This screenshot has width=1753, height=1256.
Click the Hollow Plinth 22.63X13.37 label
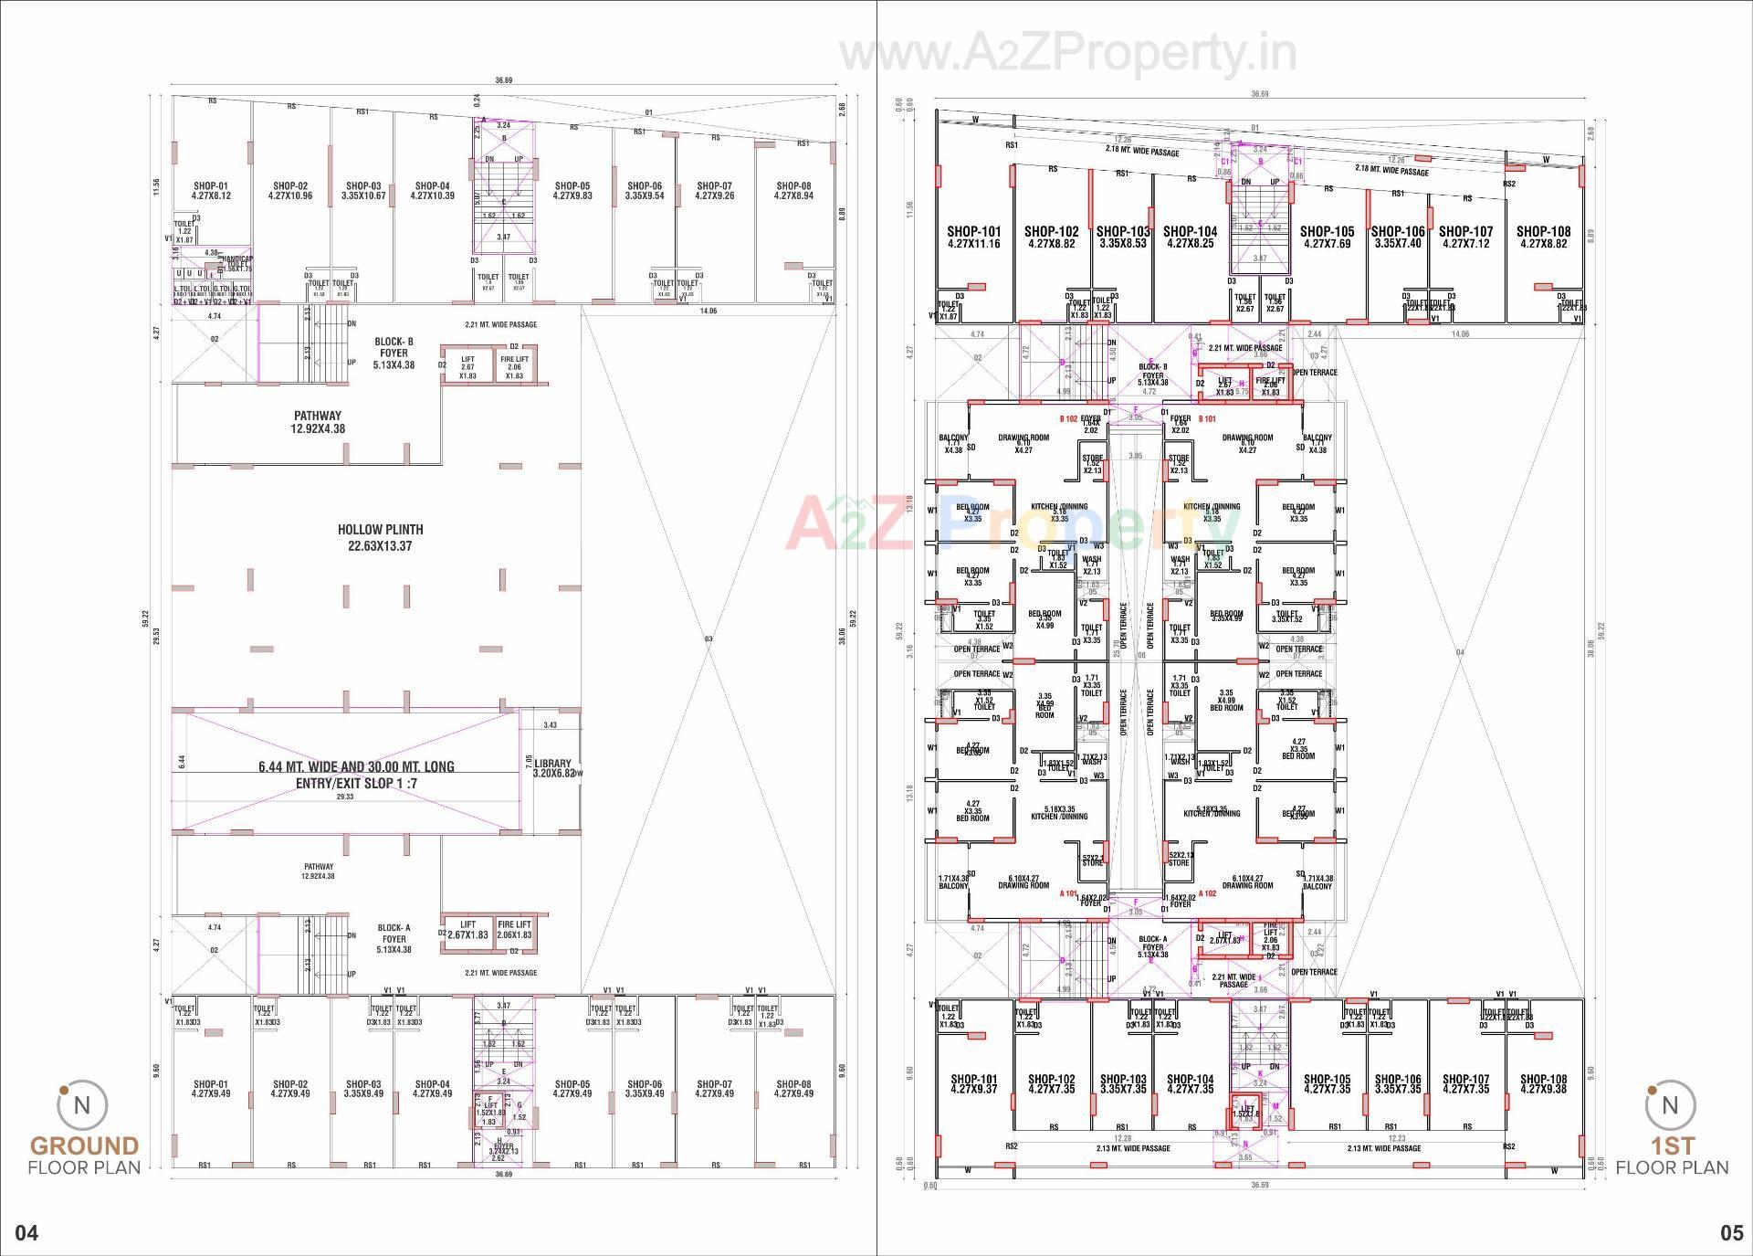pyautogui.click(x=380, y=538)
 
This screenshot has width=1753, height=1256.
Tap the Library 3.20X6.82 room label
pyautogui.click(x=553, y=768)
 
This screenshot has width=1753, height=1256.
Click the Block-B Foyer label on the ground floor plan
pyautogui.click(x=394, y=353)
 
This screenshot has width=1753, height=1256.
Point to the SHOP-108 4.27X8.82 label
pyautogui.click(x=1545, y=237)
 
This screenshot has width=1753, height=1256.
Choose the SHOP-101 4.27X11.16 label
pyautogui.click(x=973, y=237)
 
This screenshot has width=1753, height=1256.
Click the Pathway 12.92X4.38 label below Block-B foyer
pyautogui.click(x=318, y=422)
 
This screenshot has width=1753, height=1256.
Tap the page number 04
pyautogui.click(x=27, y=1233)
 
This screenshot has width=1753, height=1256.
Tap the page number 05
pyautogui.click(x=1731, y=1233)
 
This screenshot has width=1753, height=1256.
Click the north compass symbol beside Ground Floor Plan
pyautogui.click(x=81, y=1106)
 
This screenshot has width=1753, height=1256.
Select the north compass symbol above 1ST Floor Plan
pyautogui.click(x=1669, y=1106)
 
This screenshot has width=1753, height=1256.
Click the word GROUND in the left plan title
pyautogui.click(x=84, y=1145)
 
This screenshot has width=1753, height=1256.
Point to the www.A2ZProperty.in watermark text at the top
pyautogui.click(x=1068, y=53)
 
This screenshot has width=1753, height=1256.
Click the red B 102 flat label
pyautogui.click(x=1068, y=419)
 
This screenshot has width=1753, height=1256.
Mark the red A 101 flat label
pyautogui.click(x=1068, y=893)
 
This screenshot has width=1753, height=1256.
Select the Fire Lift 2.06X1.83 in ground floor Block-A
pyautogui.click(x=514, y=930)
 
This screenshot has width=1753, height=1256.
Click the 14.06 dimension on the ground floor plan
pyautogui.click(x=708, y=311)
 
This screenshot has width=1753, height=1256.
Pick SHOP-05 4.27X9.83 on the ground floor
pyautogui.click(x=572, y=190)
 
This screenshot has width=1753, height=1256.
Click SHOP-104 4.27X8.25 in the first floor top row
pyautogui.click(x=1190, y=237)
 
